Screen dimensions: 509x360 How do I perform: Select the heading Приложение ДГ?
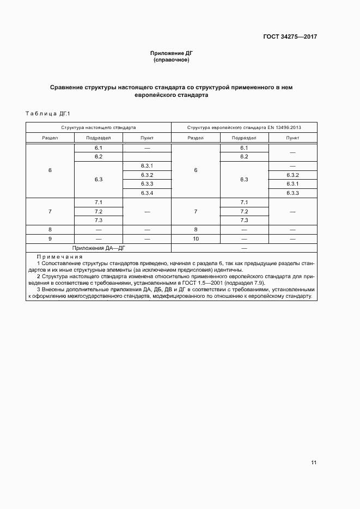(172, 53)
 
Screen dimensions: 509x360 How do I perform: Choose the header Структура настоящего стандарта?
(99, 127)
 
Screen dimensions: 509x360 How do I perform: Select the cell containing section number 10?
(196, 238)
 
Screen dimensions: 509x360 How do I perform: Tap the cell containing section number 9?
(50, 238)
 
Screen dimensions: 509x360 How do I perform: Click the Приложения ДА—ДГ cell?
(99, 248)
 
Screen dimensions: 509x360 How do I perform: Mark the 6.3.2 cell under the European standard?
(292, 175)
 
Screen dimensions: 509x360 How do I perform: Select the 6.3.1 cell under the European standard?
(292, 184)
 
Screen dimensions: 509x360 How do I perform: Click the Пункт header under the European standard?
(292, 138)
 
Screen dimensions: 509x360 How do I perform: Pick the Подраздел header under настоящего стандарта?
(99, 138)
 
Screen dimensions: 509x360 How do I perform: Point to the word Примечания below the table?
(60, 257)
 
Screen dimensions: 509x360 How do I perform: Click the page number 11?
(314, 463)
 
